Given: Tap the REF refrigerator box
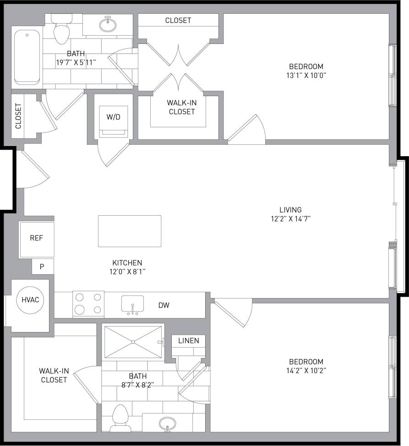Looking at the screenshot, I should click(36, 238).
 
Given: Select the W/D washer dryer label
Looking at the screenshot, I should click(114, 117).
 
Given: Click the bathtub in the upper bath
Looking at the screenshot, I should click(28, 57).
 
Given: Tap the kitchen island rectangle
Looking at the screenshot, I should click(130, 231).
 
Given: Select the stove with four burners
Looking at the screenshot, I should click(88, 304).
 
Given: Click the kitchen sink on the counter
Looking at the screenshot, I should click(132, 304).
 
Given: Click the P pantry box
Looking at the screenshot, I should click(42, 267).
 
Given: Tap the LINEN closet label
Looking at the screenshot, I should click(189, 341).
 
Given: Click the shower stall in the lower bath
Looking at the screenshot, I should click(132, 342).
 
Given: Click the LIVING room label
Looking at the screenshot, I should click(292, 210).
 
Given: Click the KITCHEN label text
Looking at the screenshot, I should click(127, 263).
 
